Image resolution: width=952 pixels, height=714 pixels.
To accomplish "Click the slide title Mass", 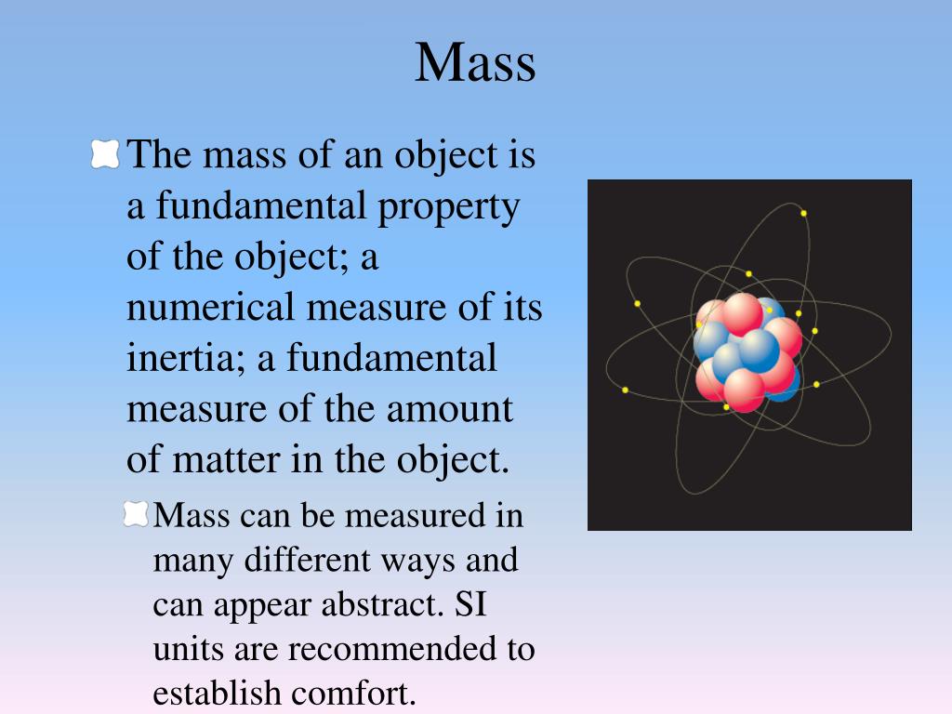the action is (475, 62).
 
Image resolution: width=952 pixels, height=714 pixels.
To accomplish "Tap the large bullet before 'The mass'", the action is (105, 154).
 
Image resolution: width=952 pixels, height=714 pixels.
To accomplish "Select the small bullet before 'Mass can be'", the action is (136, 514).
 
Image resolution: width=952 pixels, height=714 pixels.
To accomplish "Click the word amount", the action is (450, 409).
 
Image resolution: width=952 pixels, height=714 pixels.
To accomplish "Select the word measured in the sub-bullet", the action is (416, 516).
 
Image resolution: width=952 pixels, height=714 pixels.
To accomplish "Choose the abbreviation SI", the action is (470, 604).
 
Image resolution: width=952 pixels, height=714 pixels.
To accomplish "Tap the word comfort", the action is (353, 694).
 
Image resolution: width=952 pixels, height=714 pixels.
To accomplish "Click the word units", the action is (188, 650).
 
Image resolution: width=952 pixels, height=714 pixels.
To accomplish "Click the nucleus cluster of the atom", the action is (747, 353).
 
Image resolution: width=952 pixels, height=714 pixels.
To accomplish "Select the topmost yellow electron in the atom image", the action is (803, 213).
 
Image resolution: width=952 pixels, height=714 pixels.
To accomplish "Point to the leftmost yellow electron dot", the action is (626, 390).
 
